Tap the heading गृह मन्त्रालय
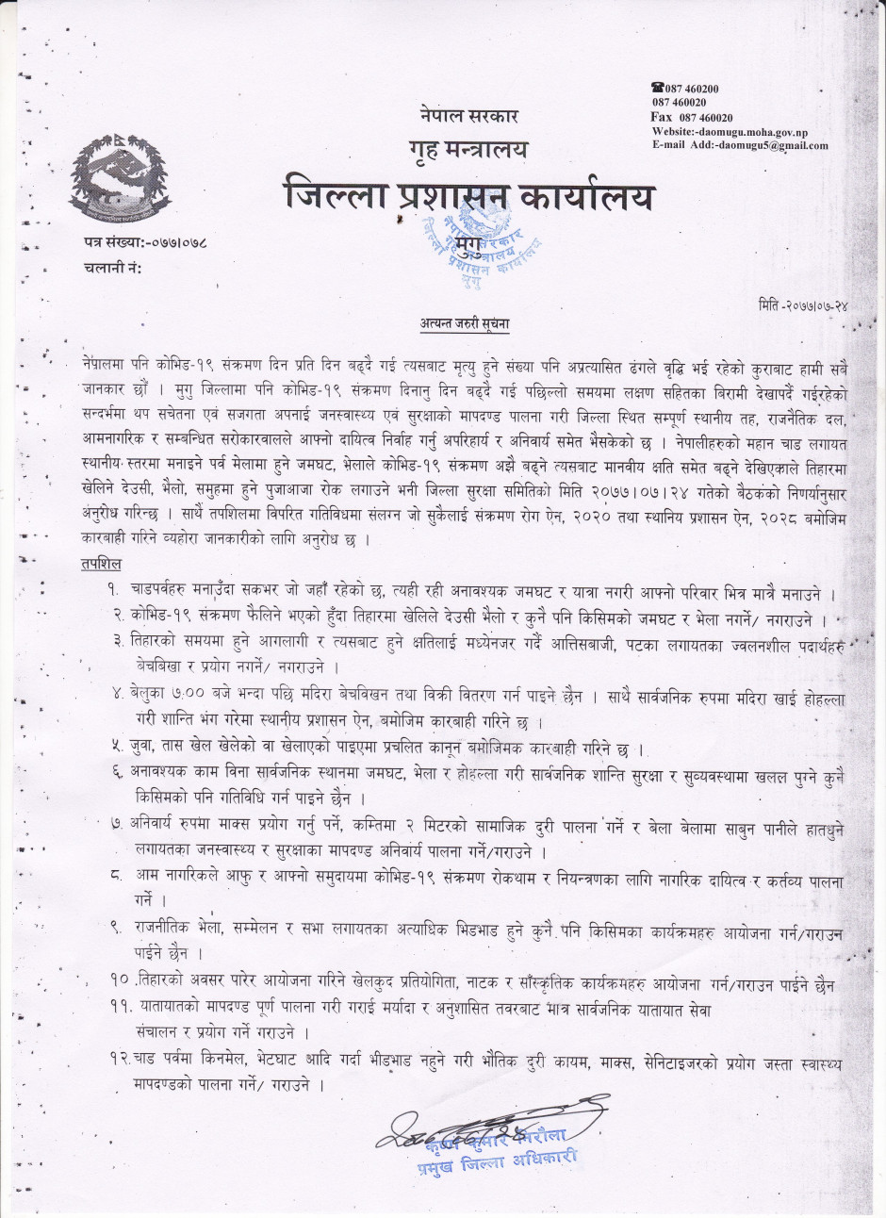tap(468, 150)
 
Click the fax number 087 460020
tap(692, 118)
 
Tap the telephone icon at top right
tap(658, 88)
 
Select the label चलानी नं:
tap(111, 269)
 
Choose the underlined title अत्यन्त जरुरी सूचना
tap(465, 324)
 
